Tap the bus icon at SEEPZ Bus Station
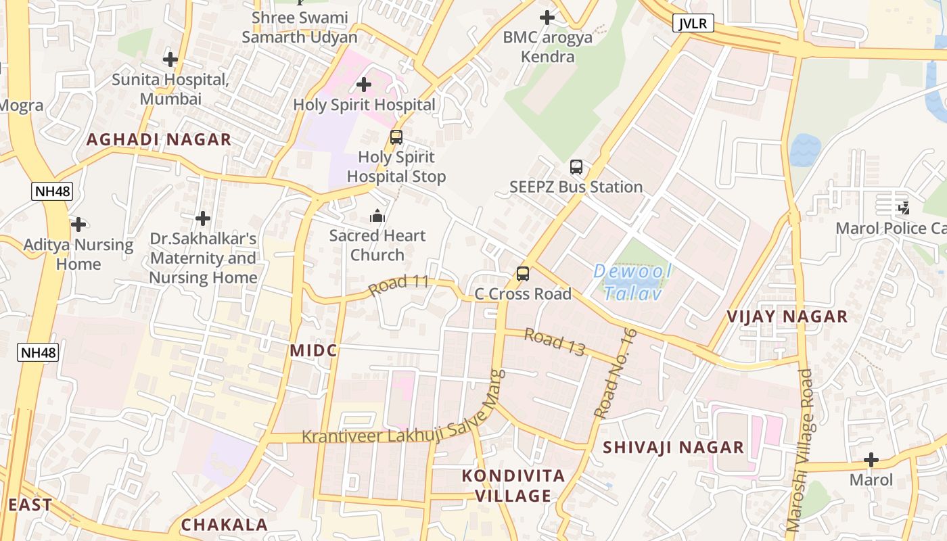(576, 166)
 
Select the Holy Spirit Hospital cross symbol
(364, 85)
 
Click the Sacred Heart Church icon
(377, 216)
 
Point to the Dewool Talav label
(632, 282)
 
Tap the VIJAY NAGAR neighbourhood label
(787, 316)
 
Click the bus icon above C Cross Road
(523, 274)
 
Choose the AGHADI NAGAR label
(159, 140)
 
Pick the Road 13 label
(554, 342)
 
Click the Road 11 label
(399, 284)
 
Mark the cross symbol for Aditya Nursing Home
(78, 224)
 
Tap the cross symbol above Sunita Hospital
(170, 60)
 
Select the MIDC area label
(313, 350)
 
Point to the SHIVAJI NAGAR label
(673, 447)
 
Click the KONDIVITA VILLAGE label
(513, 486)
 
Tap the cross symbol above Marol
(871, 461)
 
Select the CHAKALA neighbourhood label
(224, 525)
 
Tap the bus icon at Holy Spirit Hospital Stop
(396, 137)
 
